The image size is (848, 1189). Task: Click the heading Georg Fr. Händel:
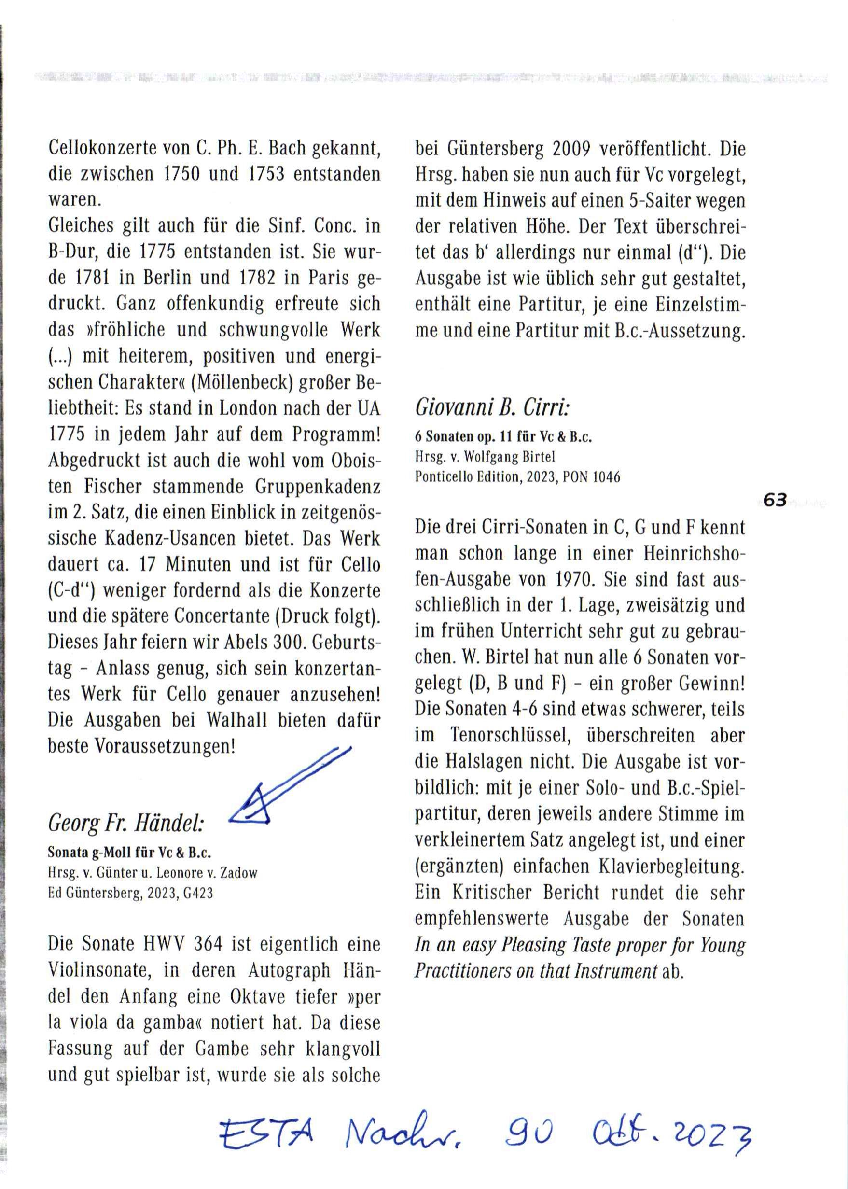[x=126, y=824]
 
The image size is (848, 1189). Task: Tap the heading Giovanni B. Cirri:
[x=492, y=407]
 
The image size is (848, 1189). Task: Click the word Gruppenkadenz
[x=318, y=487]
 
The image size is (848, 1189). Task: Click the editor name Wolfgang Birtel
[x=510, y=457]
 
